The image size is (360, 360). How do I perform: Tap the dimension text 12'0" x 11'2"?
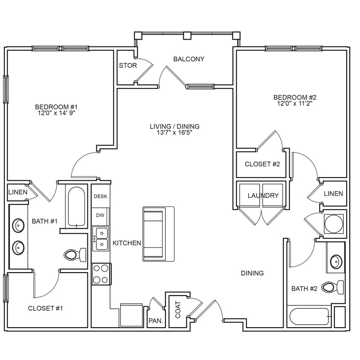click(295, 104)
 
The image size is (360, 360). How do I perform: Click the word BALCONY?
click(189, 59)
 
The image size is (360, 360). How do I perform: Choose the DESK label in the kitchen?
click(100, 197)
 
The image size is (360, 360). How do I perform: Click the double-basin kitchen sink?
click(101, 238)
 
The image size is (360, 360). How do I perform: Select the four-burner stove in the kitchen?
click(101, 274)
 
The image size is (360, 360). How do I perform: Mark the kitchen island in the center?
click(158, 234)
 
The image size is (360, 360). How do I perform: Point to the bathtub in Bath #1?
click(77, 206)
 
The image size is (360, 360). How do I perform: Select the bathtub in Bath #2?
click(309, 317)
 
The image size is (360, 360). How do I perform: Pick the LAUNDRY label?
click(263, 196)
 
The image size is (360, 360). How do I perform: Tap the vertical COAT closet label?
click(177, 310)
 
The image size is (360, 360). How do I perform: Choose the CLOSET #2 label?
click(262, 164)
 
